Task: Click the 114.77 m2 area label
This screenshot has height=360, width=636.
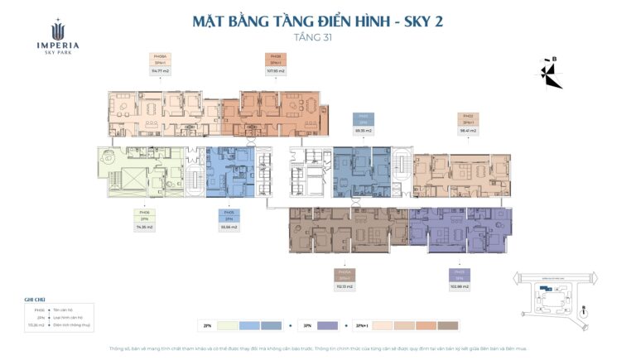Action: [160, 71]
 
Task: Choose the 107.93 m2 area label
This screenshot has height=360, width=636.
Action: [274, 71]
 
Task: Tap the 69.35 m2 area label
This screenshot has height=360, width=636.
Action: [361, 131]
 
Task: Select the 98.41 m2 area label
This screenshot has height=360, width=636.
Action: [469, 130]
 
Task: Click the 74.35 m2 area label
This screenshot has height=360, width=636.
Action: [144, 227]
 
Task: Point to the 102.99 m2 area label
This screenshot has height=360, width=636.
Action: [460, 286]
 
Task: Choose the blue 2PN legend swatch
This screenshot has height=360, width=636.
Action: [264, 325]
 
